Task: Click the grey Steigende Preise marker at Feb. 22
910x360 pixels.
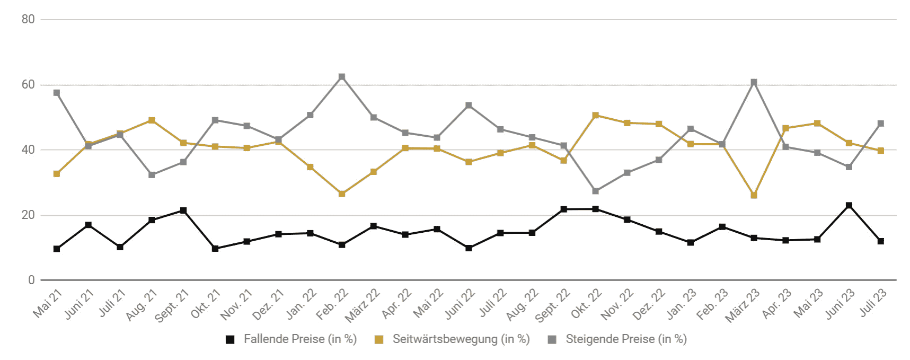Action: (342, 77)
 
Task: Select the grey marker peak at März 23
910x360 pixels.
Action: (754, 82)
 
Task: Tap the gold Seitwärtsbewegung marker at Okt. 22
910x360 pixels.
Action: (596, 115)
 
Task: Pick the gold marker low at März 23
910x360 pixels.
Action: (754, 195)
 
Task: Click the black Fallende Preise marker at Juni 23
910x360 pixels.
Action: (849, 205)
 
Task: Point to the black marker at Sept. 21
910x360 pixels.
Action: (183, 210)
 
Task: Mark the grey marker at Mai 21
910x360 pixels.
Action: (57, 93)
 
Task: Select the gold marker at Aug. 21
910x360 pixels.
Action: (152, 120)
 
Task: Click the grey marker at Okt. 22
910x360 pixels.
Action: (596, 191)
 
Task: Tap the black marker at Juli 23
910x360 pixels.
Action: (881, 241)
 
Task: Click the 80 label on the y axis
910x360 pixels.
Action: (28, 20)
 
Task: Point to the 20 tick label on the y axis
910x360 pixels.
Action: (28, 215)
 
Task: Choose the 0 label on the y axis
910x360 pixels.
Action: (31, 280)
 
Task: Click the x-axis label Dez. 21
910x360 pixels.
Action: (268, 304)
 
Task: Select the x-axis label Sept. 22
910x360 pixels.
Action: (552, 305)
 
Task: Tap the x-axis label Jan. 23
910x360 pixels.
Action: (681, 304)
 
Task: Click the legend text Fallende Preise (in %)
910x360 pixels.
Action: (300, 339)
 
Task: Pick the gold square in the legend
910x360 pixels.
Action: (379, 340)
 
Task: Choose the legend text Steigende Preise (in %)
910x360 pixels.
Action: (626, 339)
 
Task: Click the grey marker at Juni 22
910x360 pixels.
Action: (469, 106)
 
